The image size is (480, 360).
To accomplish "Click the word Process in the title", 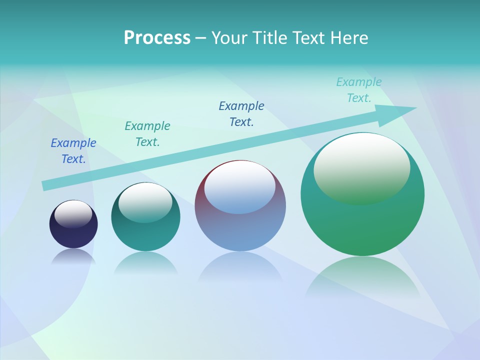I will pos(157,38).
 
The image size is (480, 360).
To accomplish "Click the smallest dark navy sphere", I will pos(73,235).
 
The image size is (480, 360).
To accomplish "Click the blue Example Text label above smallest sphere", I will pos(73,151).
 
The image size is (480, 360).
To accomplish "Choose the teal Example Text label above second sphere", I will pos(147,134).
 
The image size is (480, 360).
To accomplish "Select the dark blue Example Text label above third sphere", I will pos(241,114).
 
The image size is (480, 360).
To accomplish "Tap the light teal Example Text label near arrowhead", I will pos(359,90).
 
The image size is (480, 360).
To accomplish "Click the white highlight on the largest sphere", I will pos(361,165).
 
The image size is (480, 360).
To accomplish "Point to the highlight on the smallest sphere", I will pos(73,214).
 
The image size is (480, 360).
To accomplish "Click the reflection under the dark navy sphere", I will pos(73,256).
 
